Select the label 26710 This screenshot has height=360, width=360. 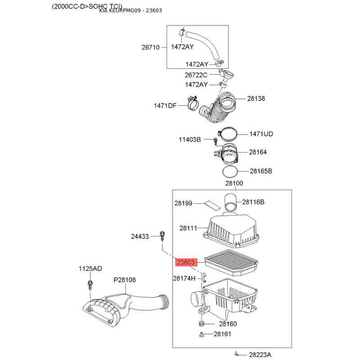point(150,47)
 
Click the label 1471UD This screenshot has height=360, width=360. point(262,134)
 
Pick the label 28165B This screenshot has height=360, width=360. point(261,171)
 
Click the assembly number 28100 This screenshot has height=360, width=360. point(234,183)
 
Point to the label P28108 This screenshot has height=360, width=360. point(125,280)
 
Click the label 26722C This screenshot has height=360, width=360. point(196,75)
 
